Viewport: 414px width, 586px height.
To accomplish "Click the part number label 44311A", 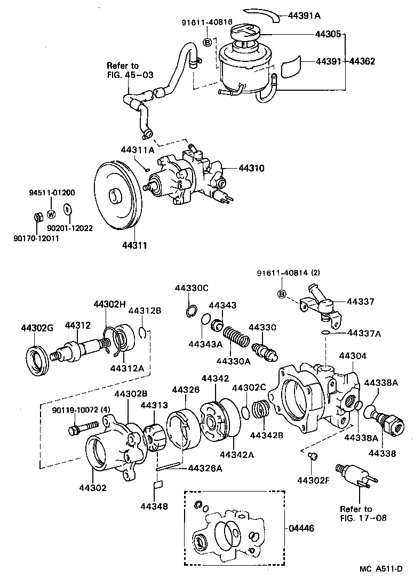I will click(x=137, y=151).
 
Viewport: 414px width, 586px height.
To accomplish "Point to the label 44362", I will click(x=362, y=61).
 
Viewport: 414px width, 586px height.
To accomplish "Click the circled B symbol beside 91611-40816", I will click(x=209, y=42).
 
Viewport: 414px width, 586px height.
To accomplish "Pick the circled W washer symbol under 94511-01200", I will click(x=51, y=214).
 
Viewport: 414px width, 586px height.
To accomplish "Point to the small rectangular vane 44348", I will click(x=157, y=486).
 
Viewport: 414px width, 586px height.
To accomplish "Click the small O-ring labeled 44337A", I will click(x=325, y=333).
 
